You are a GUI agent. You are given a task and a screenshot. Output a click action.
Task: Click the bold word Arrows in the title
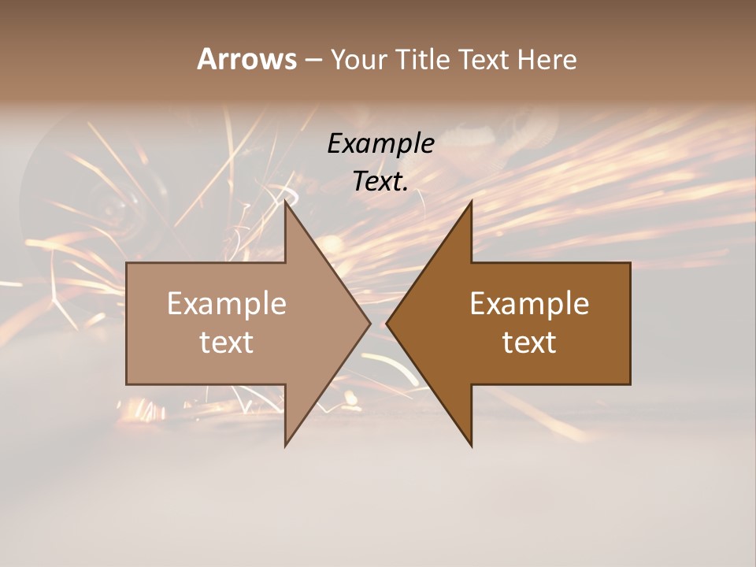point(246,59)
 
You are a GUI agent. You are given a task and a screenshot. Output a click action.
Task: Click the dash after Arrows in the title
point(313,61)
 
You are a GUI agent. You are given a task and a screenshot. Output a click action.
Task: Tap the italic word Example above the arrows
point(380,144)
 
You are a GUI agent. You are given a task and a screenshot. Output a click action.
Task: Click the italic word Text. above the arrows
point(380,182)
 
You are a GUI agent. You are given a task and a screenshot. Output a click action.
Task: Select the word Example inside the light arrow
point(227,304)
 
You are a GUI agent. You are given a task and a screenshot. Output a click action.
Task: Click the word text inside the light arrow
point(227,343)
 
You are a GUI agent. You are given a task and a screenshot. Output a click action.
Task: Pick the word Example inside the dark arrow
point(529,304)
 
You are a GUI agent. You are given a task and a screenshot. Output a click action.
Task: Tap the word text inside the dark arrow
point(529,343)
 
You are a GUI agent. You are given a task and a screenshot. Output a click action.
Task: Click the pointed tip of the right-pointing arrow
point(371,323)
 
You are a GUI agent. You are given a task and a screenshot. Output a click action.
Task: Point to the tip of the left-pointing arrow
point(387,323)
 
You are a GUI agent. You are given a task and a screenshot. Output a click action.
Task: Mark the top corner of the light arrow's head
point(285,201)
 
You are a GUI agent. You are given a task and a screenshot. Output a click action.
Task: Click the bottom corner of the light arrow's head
point(285,446)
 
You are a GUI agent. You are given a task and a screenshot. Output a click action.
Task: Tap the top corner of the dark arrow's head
point(472,201)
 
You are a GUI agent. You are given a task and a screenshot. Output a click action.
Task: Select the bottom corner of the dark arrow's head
point(472,446)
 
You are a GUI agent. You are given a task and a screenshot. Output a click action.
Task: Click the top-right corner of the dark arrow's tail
point(630,263)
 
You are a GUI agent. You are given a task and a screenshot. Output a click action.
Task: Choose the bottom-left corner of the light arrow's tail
point(127,384)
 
